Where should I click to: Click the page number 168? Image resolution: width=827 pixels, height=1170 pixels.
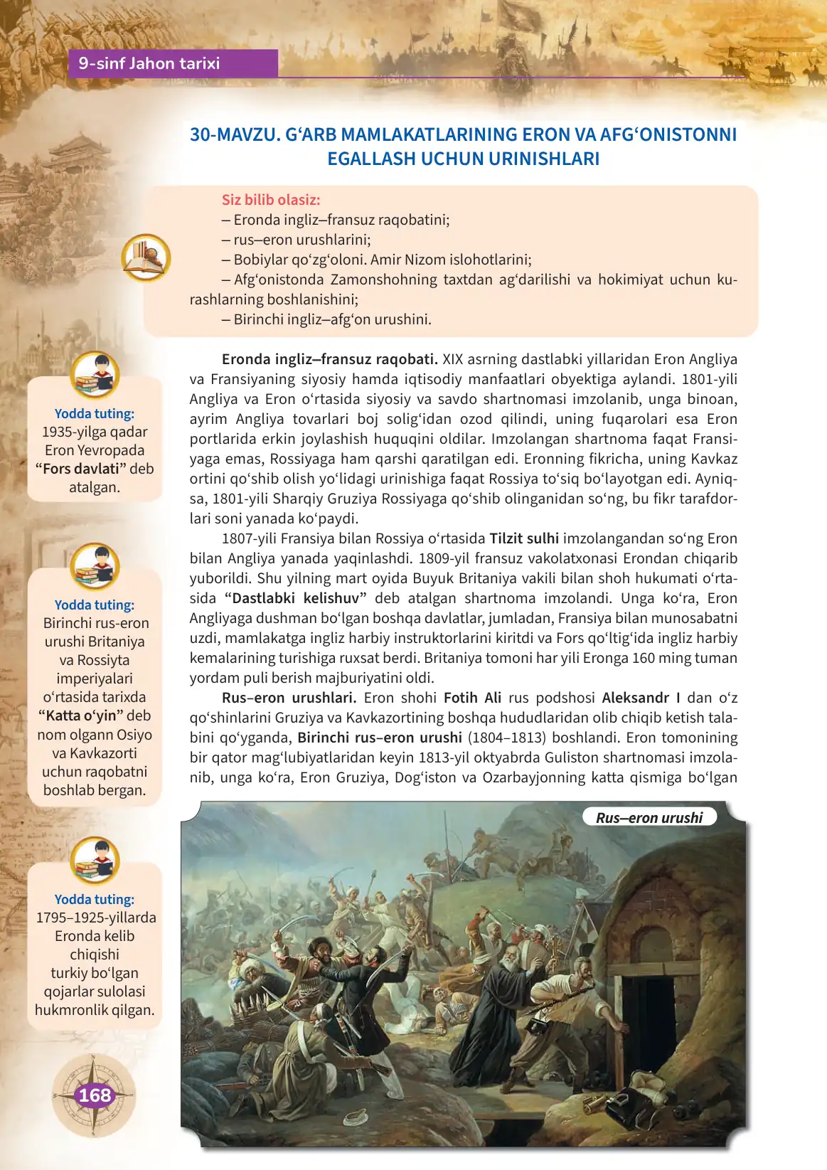pyautogui.click(x=95, y=1095)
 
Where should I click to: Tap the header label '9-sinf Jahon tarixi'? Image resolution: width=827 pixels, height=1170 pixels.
pyautogui.click(x=149, y=63)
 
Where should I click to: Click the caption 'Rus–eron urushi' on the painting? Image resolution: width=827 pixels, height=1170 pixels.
pyautogui.click(x=649, y=818)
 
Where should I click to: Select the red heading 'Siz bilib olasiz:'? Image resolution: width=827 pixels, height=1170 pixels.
pyautogui.click(x=271, y=200)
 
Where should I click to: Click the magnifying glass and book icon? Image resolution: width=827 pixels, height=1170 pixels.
pyautogui.click(x=146, y=257)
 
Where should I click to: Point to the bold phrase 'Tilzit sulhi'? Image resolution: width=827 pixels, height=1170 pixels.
pyautogui.click(x=524, y=538)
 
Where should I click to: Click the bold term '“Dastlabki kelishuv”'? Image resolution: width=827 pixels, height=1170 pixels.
pyautogui.click(x=295, y=598)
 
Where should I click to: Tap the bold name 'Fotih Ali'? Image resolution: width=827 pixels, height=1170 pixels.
pyautogui.click(x=472, y=698)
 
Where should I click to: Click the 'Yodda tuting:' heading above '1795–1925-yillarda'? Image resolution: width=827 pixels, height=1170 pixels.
pyautogui.click(x=95, y=899)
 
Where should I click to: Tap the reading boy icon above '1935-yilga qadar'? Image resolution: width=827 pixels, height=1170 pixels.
pyautogui.click(x=95, y=374)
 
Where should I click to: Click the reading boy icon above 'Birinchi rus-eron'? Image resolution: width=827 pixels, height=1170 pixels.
pyautogui.click(x=95, y=566)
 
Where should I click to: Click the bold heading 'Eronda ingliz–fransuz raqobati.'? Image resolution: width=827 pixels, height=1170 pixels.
pyautogui.click(x=329, y=359)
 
